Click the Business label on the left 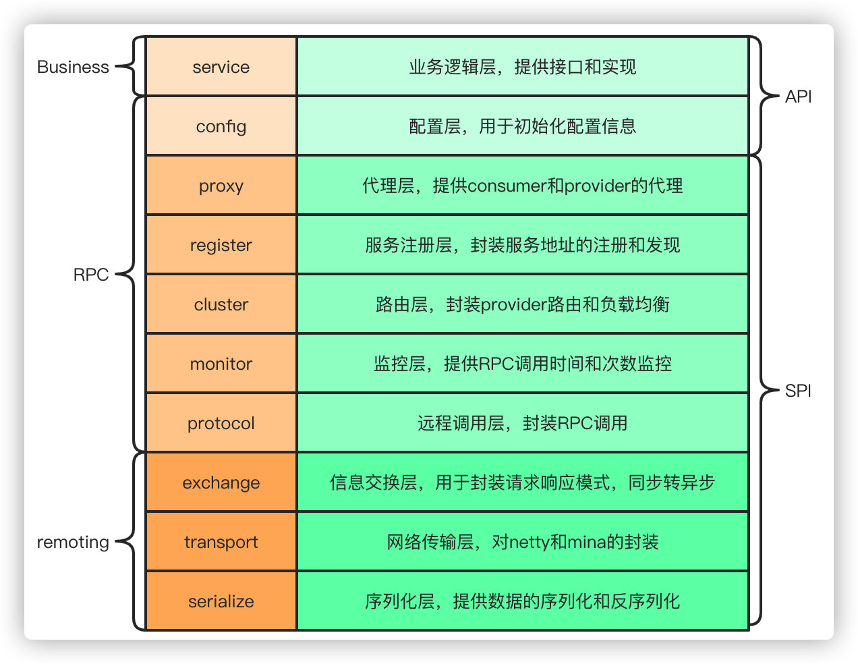73,67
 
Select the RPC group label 90,275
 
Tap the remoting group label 73,542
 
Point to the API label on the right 798,96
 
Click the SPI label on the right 798,391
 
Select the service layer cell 221,67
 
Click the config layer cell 221,126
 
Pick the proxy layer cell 221,186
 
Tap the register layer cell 221,245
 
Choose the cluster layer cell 221,304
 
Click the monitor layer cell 221,364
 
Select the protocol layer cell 221,423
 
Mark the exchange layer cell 221,482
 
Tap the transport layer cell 221,542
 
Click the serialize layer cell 221,601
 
